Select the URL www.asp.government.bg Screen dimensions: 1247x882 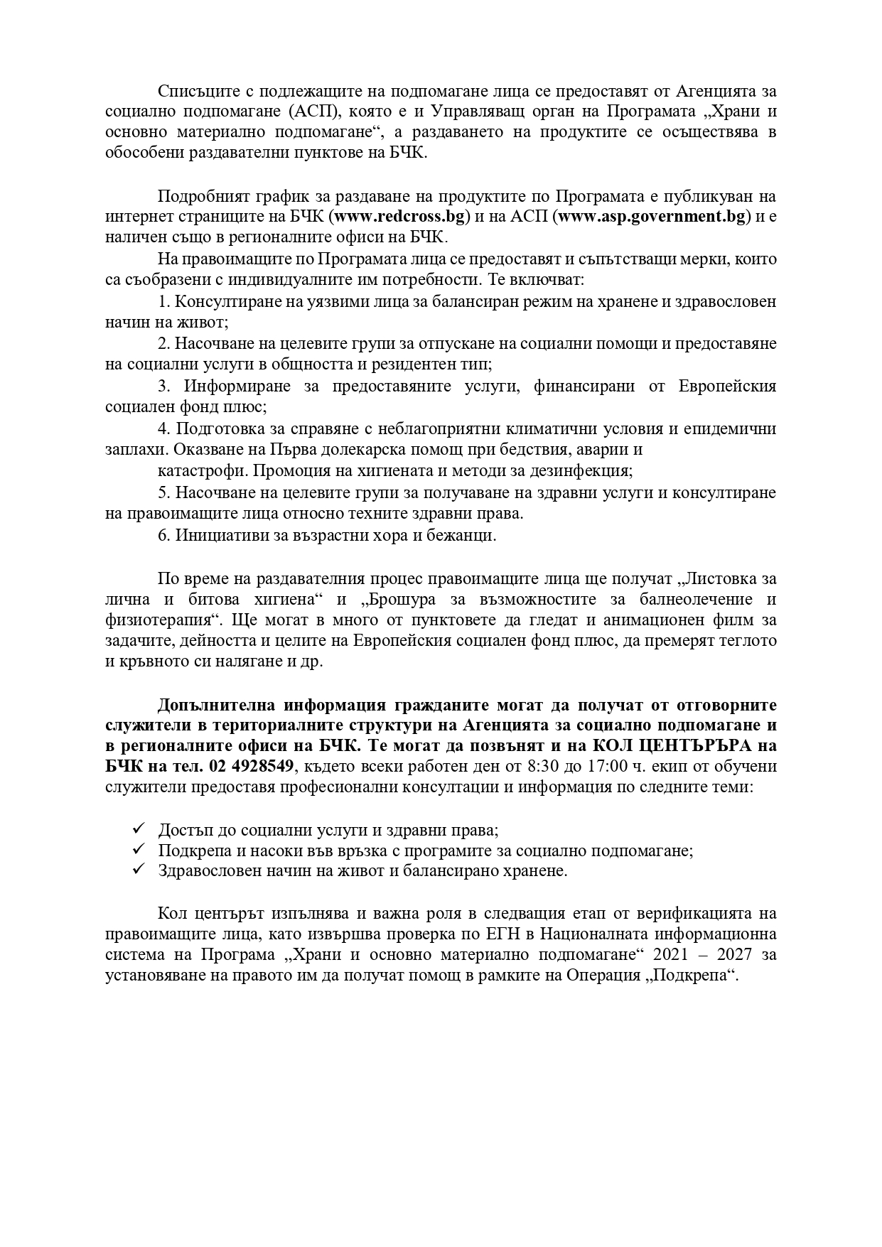[652, 216]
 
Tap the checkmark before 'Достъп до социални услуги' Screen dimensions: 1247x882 [139, 829]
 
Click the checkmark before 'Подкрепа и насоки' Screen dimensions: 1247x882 [139, 850]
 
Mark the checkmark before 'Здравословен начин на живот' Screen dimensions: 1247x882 [139, 870]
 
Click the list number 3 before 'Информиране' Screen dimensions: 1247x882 [163, 387]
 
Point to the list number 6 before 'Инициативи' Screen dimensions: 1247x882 [163, 535]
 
